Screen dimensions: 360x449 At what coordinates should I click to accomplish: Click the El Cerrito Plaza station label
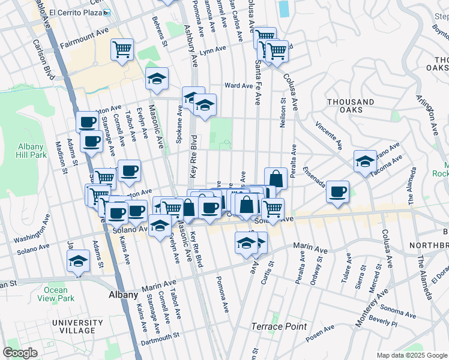(76, 12)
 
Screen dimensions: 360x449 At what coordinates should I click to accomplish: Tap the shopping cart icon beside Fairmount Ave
(122, 49)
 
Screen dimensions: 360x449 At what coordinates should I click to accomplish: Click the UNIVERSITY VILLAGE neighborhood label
(73, 326)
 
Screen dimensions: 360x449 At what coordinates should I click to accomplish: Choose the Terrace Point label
(279, 326)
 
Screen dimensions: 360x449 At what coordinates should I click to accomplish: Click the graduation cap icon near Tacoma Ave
(364, 161)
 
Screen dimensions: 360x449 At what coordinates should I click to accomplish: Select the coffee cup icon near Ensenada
(338, 191)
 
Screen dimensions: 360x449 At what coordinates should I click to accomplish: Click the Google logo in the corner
(20, 353)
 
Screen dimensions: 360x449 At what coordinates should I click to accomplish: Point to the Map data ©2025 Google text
(412, 355)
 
